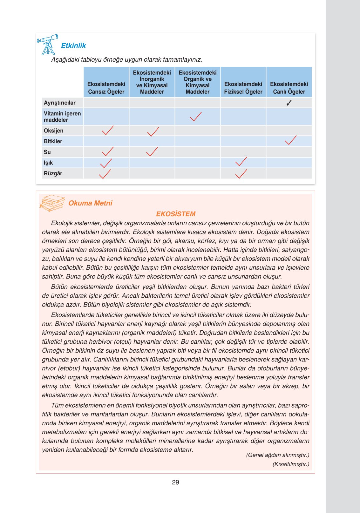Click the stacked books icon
coord(52,203)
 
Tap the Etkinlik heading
coord(73,46)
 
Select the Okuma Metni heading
coord(90,203)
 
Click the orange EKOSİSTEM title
coord(176,214)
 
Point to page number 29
coord(175,482)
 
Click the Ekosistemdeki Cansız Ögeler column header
coord(106,88)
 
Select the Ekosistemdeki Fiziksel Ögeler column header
coord(243,88)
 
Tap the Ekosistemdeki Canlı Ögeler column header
coord(289,88)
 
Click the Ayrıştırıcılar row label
coord(60,103)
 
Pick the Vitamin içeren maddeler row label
coord(62,117)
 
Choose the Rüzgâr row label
coord(53,173)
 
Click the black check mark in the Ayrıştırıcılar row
coord(289,103)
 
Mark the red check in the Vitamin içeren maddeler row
coord(196,117)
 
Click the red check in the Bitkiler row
coord(290,140)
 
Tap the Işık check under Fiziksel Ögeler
coord(241,161)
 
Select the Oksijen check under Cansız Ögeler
coord(108,130)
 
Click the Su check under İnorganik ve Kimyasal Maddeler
coord(152,152)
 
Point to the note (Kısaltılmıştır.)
coord(291,464)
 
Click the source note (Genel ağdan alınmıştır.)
coord(277,455)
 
